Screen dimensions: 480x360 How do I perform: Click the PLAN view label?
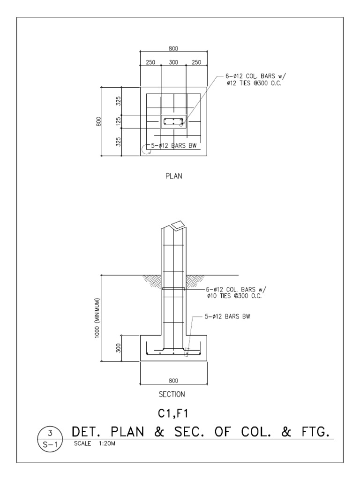173,177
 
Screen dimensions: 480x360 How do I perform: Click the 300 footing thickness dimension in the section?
119,348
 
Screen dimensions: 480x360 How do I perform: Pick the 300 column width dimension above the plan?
173,62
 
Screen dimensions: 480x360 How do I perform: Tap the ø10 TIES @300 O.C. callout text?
234,296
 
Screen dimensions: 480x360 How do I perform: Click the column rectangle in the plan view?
173,121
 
